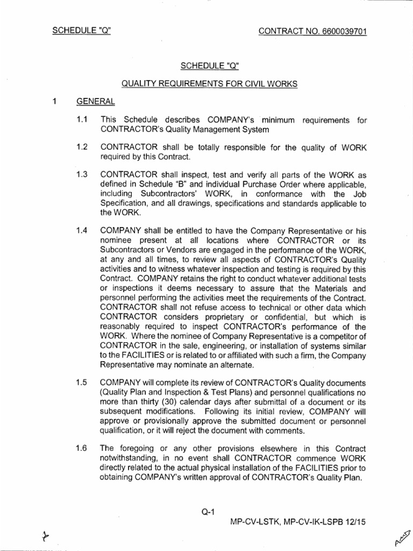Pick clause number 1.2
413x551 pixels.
(82, 148)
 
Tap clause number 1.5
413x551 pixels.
(82, 382)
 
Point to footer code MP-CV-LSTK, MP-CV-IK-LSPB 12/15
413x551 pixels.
(294, 521)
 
